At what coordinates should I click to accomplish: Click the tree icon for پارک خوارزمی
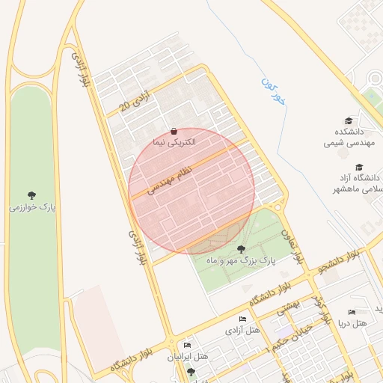31,195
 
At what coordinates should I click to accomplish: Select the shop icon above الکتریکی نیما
174,131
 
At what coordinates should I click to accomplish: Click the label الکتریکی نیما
174,142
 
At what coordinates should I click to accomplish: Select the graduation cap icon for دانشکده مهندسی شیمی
349,121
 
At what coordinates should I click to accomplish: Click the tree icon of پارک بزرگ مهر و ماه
241,248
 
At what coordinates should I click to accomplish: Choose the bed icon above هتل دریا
352,312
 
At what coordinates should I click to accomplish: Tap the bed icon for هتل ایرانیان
188,345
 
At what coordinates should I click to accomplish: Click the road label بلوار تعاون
292,245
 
